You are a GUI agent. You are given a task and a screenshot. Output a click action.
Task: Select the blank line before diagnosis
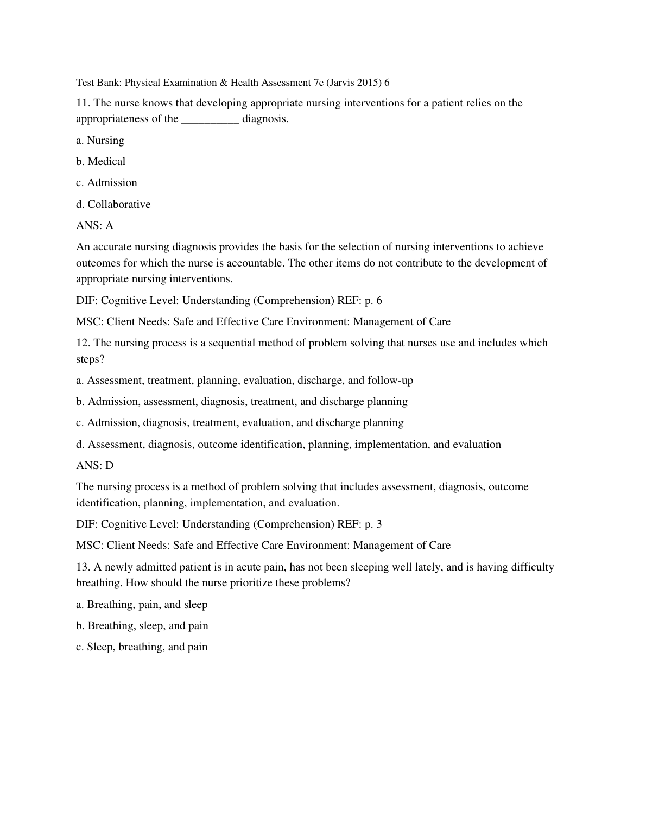click(x=210, y=119)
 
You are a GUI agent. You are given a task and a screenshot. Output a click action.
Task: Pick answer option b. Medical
click(x=100, y=162)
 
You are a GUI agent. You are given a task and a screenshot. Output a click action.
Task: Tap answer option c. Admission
click(x=106, y=183)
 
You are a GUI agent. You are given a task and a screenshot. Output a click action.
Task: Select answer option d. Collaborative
click(x=113, y=205)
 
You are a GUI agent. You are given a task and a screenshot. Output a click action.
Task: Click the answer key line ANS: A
click(x=94, y=226)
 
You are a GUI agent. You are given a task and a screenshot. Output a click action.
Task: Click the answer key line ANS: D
click(x=94, y=466)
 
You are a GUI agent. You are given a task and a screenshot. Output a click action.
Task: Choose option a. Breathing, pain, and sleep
click(x=142, y=605)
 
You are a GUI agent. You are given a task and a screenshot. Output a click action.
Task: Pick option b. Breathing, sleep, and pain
click(x=142, y=626)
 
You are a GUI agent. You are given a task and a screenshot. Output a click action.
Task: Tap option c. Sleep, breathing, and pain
click(x=142, y=647)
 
